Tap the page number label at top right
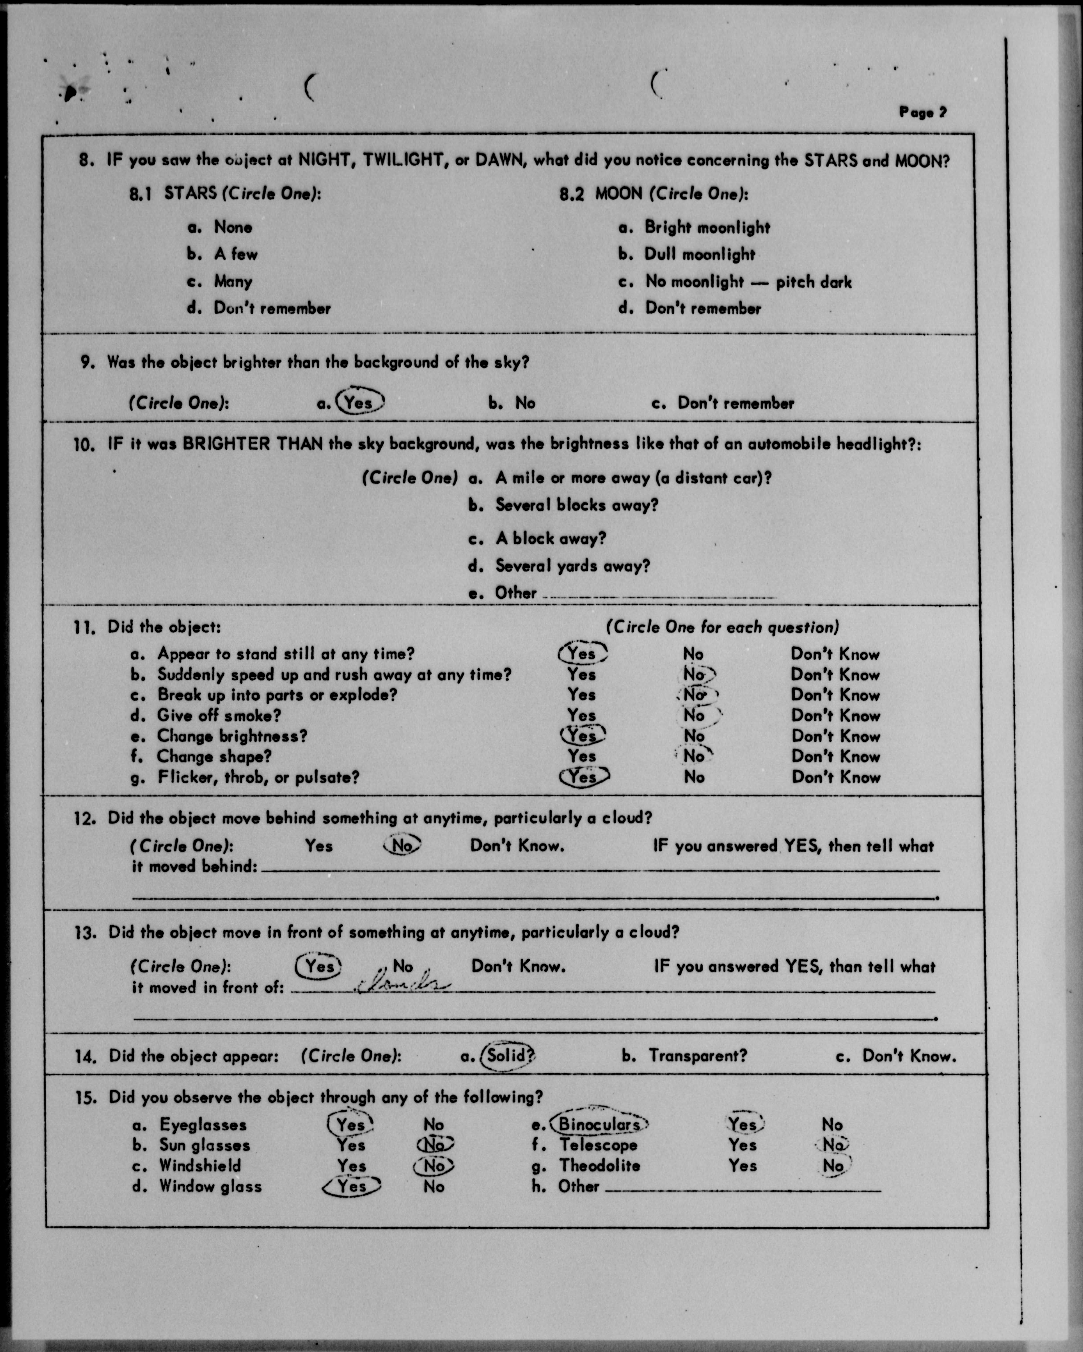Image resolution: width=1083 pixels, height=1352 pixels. tap(923, 112)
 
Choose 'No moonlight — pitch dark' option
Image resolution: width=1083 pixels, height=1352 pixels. tap(748, 282)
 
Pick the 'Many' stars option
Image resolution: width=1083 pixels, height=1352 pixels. tap(233, 281)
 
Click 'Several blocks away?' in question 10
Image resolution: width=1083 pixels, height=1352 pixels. tap(576, 505)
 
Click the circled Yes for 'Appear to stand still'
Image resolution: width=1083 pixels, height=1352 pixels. tap(582, 653)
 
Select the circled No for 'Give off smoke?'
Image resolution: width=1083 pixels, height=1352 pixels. tap(695, 715)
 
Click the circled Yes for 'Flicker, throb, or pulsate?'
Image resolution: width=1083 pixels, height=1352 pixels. tap(583, 777)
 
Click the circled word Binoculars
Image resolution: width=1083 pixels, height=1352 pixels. tap(599, 1124)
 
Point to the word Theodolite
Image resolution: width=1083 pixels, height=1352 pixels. tap(600, 1166)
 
